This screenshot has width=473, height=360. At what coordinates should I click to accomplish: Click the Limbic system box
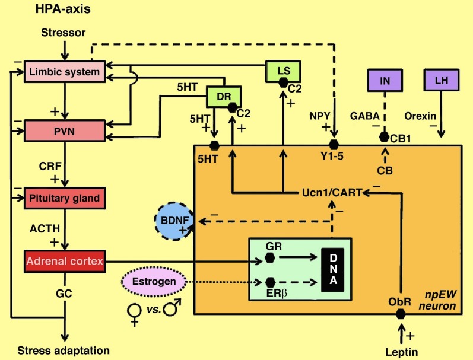click(65, 72)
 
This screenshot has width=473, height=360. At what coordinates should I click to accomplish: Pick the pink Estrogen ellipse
click(145, 282)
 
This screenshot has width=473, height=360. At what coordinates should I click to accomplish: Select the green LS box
click(284, 71)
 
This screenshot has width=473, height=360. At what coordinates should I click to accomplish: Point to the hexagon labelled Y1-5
click(334, 145)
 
